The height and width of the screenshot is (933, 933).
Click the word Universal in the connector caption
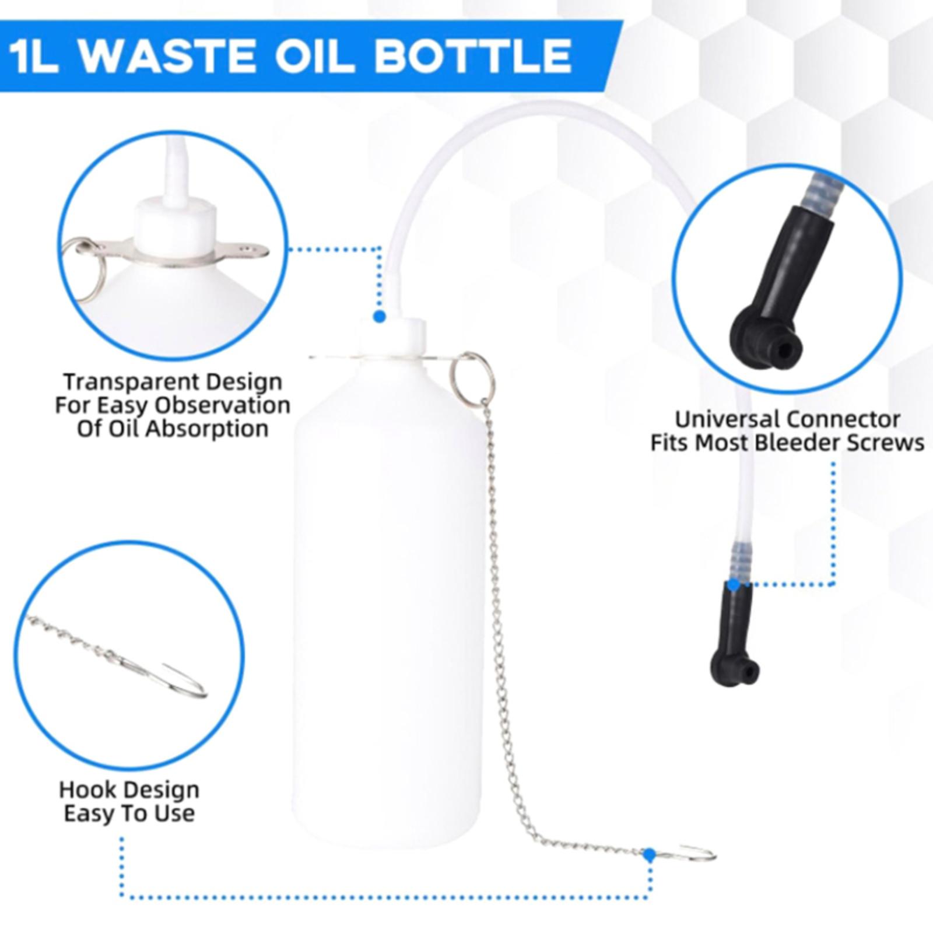729,419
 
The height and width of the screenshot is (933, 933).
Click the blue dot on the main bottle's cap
380,316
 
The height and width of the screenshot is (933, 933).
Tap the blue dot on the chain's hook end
649,855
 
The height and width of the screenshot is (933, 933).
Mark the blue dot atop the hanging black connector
734,584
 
